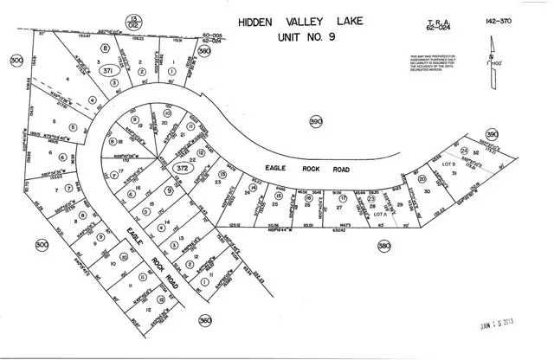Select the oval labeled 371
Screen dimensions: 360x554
coord(107,72)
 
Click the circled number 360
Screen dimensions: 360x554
coord(206,318)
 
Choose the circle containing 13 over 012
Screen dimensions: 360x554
coord(134,20)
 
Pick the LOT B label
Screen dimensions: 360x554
coord(448,163)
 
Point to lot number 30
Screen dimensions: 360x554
coord(426,191)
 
